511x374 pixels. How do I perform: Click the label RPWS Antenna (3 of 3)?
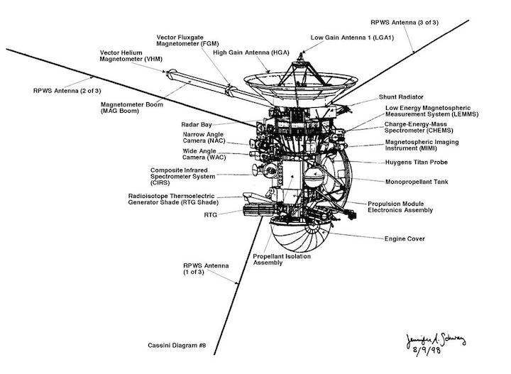coord(405,23)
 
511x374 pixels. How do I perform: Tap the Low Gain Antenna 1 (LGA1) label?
coord(352,38)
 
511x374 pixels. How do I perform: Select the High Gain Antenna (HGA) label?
coord(251,53)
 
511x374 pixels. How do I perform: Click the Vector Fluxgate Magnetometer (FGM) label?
coord(187,40)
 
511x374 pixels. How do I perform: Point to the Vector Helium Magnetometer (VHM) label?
coord(131,56)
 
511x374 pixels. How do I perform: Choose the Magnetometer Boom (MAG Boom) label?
coord(132,108)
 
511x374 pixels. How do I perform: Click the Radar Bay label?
coord(197,125)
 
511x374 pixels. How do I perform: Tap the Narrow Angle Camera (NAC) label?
coord(204,138)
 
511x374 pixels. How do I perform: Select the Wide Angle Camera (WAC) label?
coord(204,154)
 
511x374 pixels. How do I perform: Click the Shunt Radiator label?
coord(401,97)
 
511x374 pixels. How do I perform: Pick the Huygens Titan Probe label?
coord(417,163)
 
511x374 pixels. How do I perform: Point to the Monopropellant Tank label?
coord(417,182)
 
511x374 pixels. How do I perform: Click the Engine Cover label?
coord(405,238)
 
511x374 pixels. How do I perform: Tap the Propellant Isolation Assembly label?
coord(282,260)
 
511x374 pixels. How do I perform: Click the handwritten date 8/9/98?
coord(427,350)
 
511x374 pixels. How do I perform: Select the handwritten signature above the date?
coord(436,340)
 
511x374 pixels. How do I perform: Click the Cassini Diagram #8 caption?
coord(177,346)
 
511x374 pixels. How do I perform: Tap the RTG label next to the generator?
coord(211,215)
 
